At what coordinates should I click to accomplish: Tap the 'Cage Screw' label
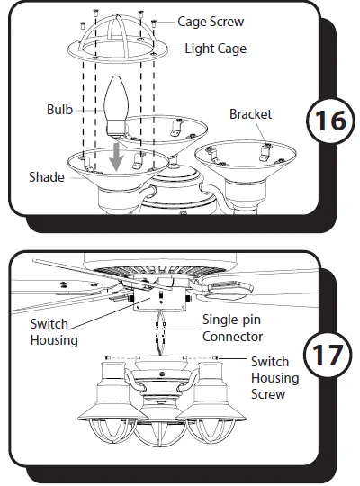tap(210, 20)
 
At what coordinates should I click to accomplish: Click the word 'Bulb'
tap(59, 110)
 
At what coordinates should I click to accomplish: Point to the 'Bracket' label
tap(250, 114)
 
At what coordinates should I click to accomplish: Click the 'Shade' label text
tap(45, 177)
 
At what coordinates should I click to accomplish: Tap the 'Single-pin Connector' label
tap(232, 328)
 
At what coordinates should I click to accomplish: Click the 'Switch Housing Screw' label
tap(275, 377)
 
